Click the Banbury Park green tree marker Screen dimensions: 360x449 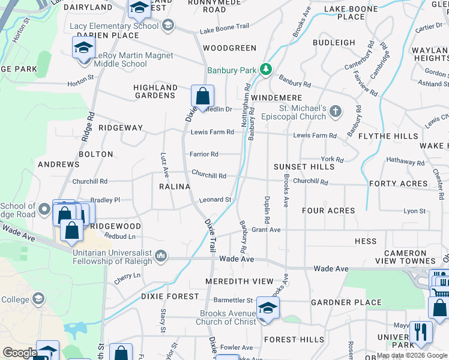coord(266,70)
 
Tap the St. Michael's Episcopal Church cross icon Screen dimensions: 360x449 coord(336,111)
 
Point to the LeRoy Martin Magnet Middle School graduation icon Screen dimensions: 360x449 coord(84,47)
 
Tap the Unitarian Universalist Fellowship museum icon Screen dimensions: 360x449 coord(160,257)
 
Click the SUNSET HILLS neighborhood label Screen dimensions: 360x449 coord(303,166)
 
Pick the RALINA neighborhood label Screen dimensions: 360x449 coord(175,187)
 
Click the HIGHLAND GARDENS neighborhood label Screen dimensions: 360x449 coord(155,92)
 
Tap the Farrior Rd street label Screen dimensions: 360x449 coord(204,154)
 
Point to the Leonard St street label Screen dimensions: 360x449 coord(215,199)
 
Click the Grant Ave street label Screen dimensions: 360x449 coord(267,230)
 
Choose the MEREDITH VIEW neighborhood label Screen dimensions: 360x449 coord(239,281)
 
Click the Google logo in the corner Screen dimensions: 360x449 coord(20,353)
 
